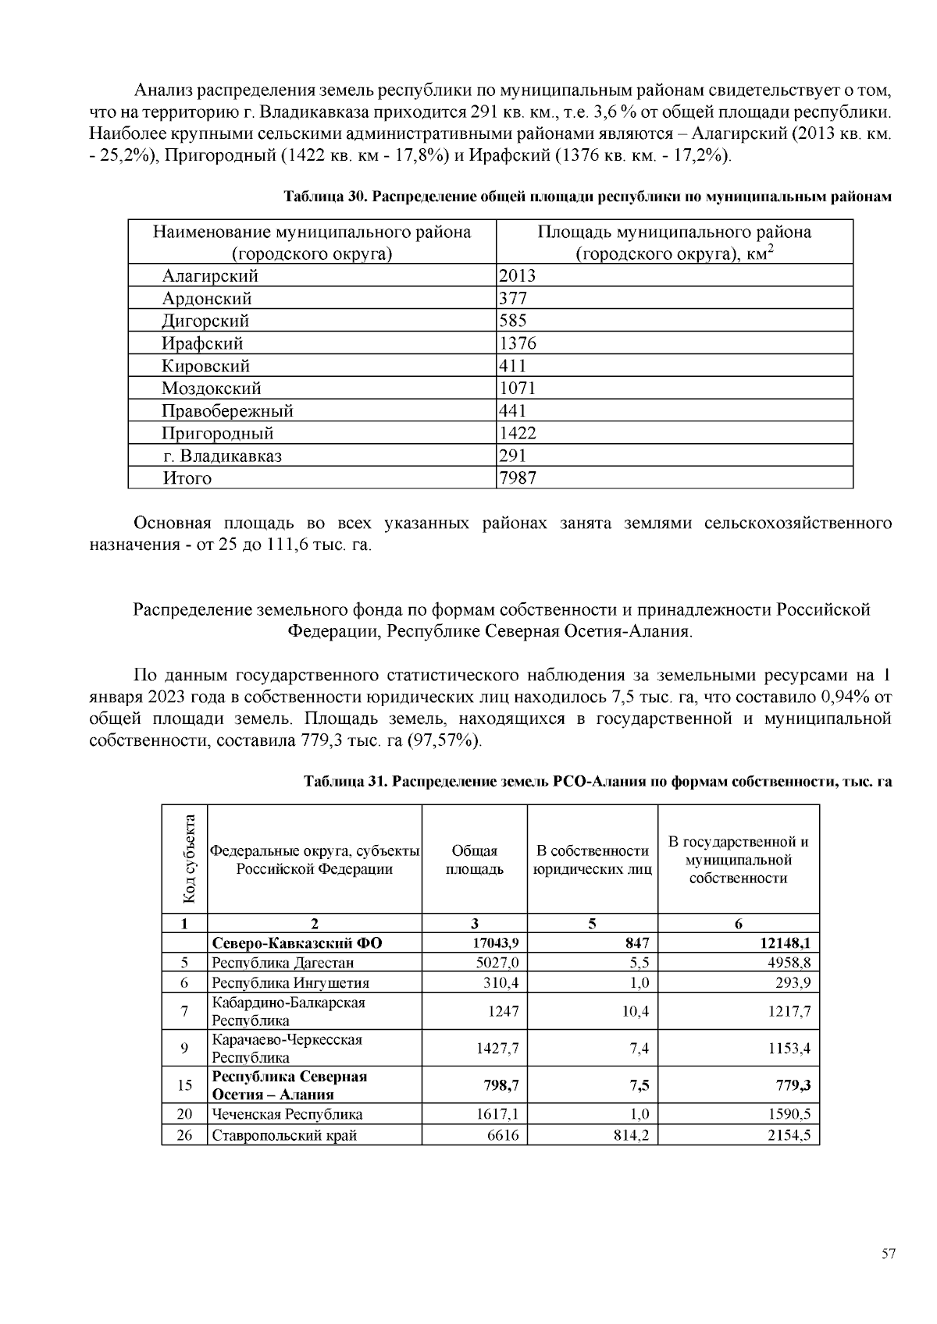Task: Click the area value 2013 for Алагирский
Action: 517,275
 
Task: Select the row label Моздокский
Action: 212,388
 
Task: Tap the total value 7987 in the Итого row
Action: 517,477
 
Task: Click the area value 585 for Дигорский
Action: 513,320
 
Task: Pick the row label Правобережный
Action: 227,410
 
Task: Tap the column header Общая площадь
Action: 475,860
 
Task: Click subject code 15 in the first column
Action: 184,1085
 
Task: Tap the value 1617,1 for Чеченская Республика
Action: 497,1114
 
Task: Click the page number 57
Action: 889,1255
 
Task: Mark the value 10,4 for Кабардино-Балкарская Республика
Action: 636,1011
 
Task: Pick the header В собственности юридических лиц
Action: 593,860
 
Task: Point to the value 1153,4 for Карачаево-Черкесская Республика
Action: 789,1049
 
